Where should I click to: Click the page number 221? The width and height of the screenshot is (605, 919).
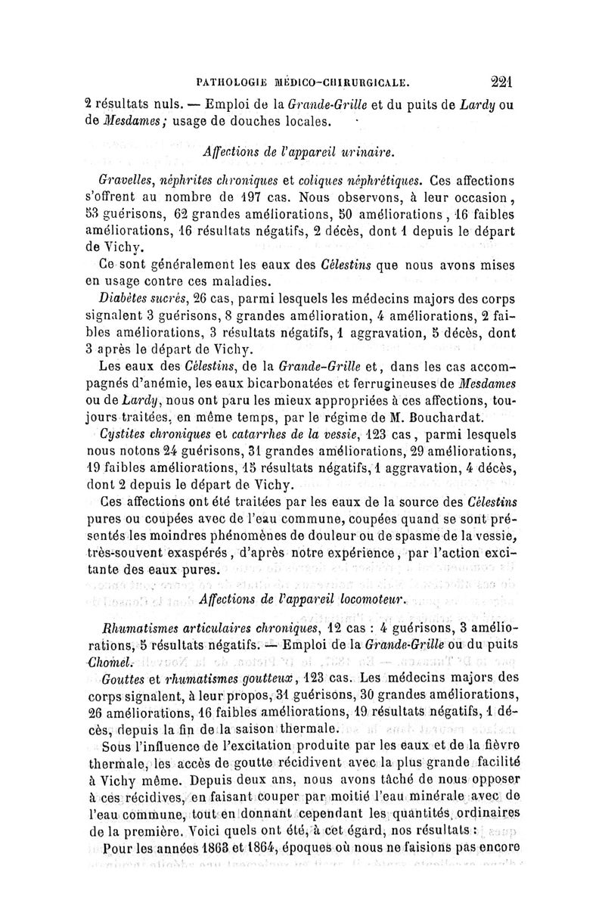501,81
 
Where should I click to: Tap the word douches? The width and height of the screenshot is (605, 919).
268,121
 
